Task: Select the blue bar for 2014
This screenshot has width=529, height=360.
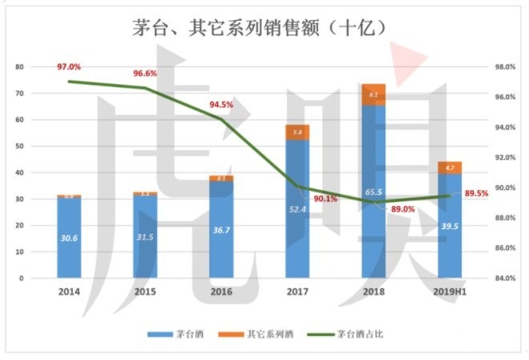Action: [x=69, y=241]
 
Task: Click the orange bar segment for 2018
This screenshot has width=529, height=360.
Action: [x=374, y=95]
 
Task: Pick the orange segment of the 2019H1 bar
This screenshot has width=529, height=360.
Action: [x=450, y=168]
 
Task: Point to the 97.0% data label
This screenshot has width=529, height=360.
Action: [x=69, y=67]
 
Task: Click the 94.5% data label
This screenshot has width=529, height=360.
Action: [x=221, y=104]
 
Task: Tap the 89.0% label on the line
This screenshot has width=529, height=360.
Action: [x=402, y=209]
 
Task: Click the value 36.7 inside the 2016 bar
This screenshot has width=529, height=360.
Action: [x=221, y=230]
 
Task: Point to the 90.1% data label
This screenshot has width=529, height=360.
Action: [x=325, y=198]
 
